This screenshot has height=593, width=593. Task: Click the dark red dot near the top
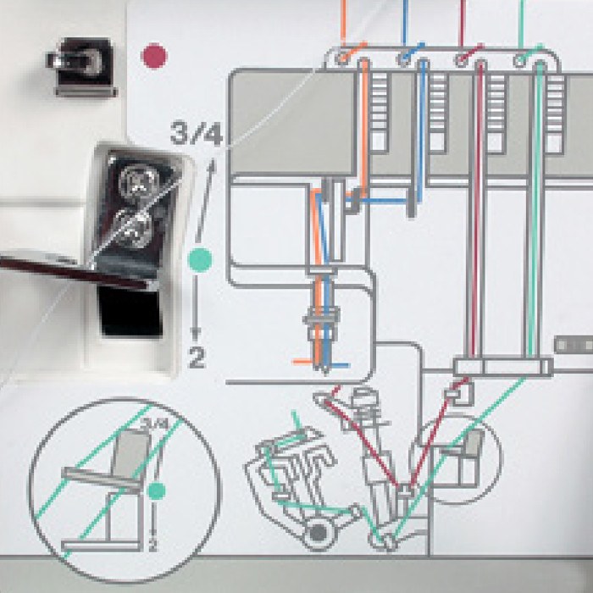pyautogui.click(x=154, y=57)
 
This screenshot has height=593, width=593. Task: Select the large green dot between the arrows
pyautogui.click(x=200, y=255)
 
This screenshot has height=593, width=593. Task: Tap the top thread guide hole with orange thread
pyautogui.click(x=342, y=59)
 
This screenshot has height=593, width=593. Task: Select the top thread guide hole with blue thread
pyautogui.click(x=401, y=59)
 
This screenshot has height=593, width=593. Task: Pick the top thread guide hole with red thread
pyautogui.click(x=461, y=59)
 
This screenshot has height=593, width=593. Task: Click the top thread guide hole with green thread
pyautogui.click(x=519, y=59)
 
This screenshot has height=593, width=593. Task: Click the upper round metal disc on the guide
pyautogui.click(x=136, y=180)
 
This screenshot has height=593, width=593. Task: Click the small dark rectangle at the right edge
pyautogui.click(x=573, y=345)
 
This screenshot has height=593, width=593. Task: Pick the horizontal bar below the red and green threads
pyautogui.click(x=502, y=366)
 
